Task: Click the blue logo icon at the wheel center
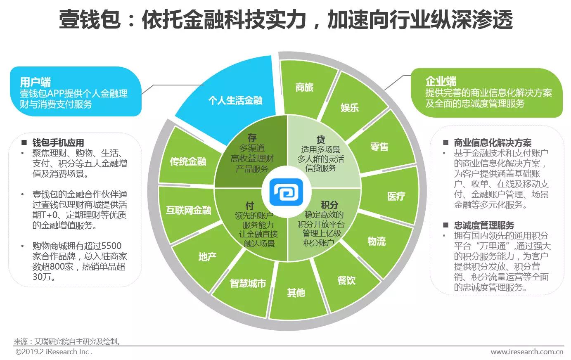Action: [286, 192]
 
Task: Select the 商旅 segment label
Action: [304, 88]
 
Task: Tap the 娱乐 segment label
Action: [350, 108]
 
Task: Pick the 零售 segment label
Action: [379, 147]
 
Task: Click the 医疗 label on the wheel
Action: [396, 196]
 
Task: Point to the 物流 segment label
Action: [377, 241]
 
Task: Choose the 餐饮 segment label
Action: [346, 280]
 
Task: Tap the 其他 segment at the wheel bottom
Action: [296, 293]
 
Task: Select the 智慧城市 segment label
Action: [248, 283]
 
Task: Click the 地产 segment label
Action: [208, 257]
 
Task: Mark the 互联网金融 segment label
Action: [189, 210]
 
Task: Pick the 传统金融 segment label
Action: [188, 161]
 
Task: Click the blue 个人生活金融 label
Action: [235, 100]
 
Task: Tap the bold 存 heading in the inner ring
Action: [252, 137]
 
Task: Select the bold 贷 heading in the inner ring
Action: [321, 140]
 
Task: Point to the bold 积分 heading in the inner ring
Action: [329, 205]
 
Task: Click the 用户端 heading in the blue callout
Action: [36, 82]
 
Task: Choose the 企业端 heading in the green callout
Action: [441, 81]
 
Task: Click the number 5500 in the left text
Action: [111, 246]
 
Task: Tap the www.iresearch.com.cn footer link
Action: [527, 352]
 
